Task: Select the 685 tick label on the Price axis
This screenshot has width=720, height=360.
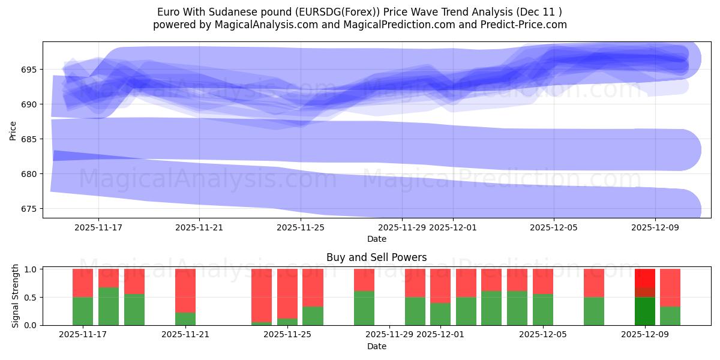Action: pos(28,139)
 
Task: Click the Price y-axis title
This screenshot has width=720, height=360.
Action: pos(13,130)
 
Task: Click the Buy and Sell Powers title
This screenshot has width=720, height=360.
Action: pos(376,257)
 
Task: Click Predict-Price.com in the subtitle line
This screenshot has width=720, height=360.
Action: pos(526,25)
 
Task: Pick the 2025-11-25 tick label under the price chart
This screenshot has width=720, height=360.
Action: pos(301,228)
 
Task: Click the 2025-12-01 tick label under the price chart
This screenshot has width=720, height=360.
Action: pos(453,228)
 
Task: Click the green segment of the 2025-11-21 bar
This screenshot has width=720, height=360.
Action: pos(185,319)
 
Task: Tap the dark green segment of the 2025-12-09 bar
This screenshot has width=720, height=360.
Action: pos(645,311)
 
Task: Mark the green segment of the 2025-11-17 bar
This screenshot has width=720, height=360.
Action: pos(83,311)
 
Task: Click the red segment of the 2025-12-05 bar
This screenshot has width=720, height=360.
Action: pos(542,281)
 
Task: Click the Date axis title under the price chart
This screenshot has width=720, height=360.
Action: pos(376,239)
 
